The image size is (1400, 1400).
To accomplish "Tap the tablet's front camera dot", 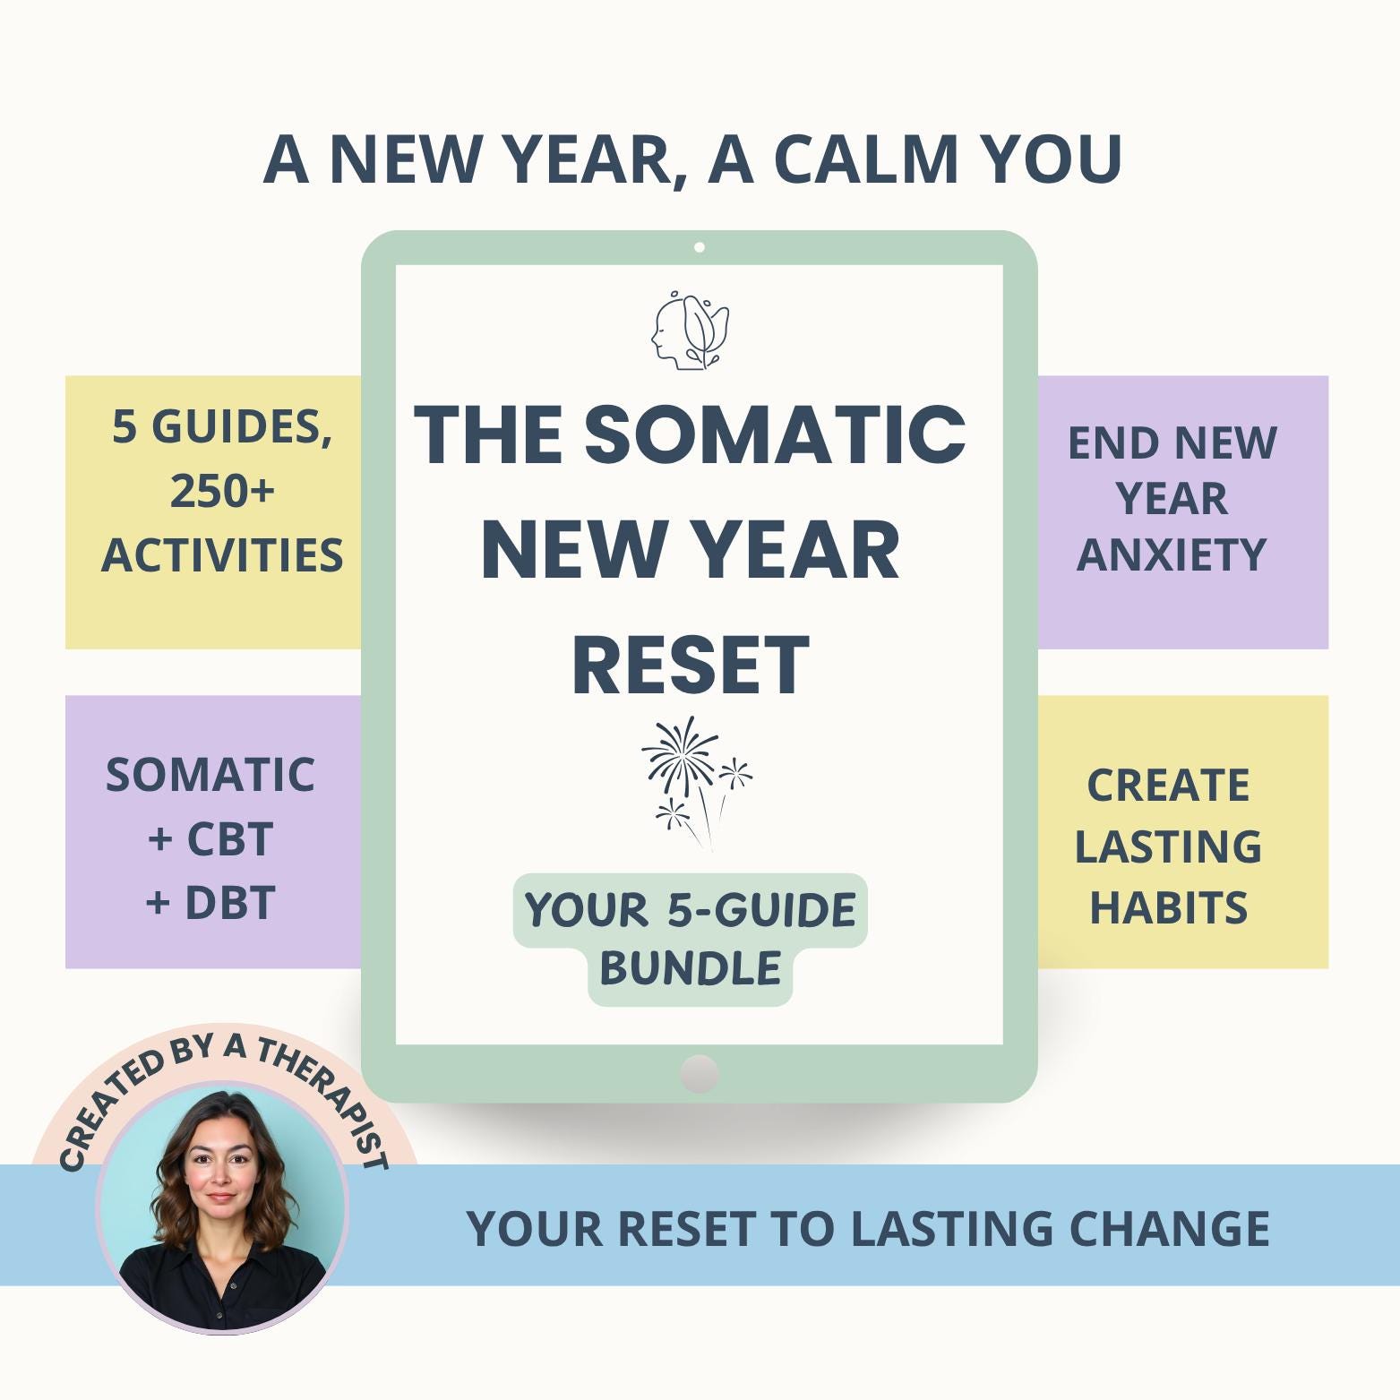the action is pyautogui.click(x=700, y=247).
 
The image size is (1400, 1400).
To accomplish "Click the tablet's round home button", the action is pyautogui.click(x=700, y=1074).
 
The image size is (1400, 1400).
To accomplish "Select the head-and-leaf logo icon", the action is pyautogui.click(x=690, y=330).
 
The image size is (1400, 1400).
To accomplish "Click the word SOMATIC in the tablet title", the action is pyautogui.click(x=775, y=434).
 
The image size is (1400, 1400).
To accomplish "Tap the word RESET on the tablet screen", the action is pyautogui.click(x=691, y=666).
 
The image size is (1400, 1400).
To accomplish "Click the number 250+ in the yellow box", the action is pyautogui.click(x=222, y=491).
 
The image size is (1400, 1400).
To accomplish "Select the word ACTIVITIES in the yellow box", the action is pyautogui.click(x=222, y=555).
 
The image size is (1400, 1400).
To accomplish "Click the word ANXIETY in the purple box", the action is pyautogui.click(x=1172, y=554).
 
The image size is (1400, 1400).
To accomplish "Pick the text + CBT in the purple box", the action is pyautogui.click(x=210, y=839).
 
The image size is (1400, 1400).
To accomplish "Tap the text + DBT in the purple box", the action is pyautogui.click(x=210, y=903).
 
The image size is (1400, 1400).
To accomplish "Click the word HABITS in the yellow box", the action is pyautogui.click(x=1168, y=907).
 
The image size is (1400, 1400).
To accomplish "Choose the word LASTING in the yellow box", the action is pyautogui.click(x=1168, y=846).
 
